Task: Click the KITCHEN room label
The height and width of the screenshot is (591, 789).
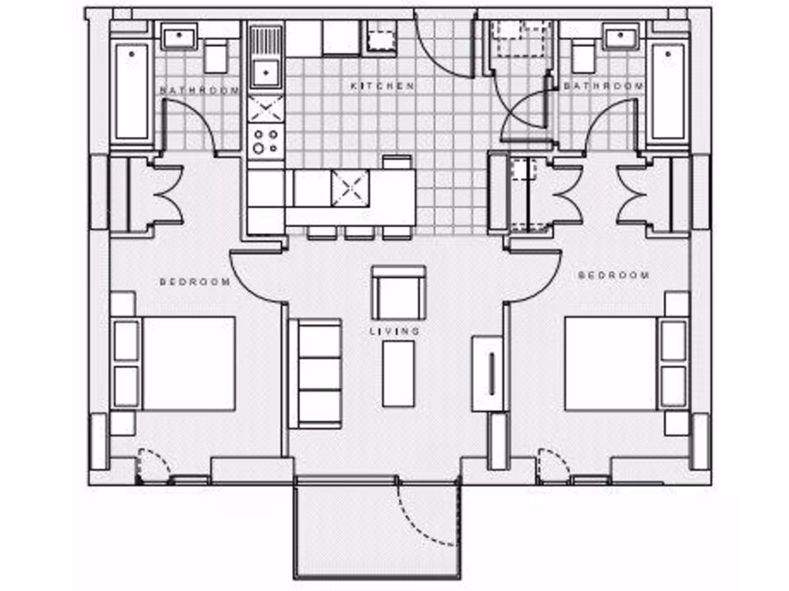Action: click(x=383, y=86)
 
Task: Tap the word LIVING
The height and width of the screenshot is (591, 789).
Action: click(x=395, y=331)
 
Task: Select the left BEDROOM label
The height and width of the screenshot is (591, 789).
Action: click(x=195, y=282)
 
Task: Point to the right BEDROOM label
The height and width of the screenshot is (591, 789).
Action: click(x=613, y=275)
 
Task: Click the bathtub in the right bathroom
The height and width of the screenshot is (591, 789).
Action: click(x=667, y=91)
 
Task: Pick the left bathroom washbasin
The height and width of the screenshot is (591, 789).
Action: click(x=180, y=35)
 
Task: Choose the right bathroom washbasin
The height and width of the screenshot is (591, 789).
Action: click(x=620, y=36)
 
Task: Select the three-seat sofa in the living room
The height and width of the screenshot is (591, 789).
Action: click(x=315, y=374)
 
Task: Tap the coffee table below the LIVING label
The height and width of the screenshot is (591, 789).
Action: click(x=398, y=373)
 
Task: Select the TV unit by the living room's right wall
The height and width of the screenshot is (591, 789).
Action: click(x=489, y=372)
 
